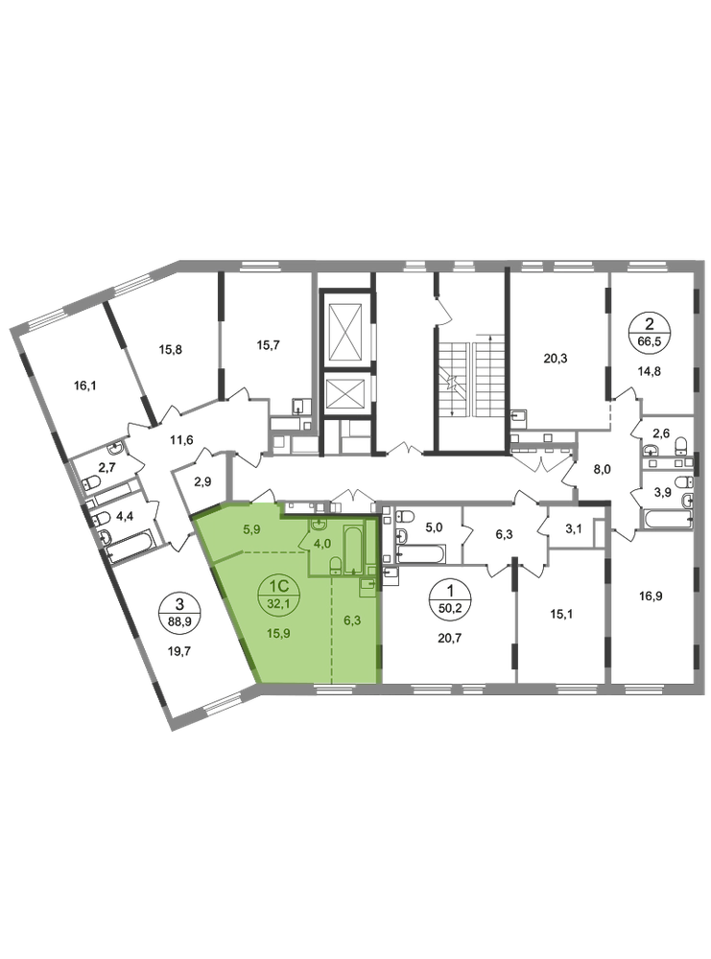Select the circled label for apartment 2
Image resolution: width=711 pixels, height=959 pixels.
(650, 331)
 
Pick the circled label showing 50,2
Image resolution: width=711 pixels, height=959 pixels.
(451, 599)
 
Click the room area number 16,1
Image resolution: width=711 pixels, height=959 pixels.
(85, 386)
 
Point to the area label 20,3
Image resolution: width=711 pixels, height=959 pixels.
(555, 359)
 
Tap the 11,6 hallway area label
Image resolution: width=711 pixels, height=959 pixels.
(181, 438)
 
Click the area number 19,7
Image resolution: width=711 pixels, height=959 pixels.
(179, 651)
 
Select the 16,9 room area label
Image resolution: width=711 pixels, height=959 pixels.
(651, 596)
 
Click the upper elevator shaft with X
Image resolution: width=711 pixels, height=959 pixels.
(346, 332)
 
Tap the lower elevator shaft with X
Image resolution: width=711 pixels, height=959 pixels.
(346, 394)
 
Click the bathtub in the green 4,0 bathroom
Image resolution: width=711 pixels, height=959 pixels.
(353, 548)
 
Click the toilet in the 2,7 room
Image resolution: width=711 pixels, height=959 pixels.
(92, 482)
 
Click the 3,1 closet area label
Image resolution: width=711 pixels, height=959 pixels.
(573, 529)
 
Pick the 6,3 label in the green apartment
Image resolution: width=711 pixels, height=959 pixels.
(353, 620)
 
